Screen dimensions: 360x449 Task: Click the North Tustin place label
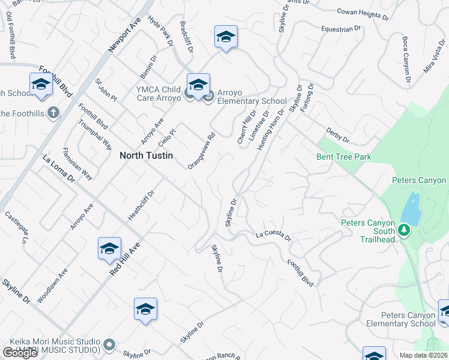coord(146,155)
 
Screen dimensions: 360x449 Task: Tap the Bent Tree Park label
coord(344,157)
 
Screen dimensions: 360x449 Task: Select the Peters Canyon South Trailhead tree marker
coord(405,230)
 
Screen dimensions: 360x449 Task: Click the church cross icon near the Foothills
coord(53,113)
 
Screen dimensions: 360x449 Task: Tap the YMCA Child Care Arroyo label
coord(158,94)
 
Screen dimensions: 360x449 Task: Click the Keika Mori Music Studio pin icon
coord(109,344)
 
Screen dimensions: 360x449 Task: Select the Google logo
coord(20,353)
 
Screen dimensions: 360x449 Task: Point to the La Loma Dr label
coord(58,169)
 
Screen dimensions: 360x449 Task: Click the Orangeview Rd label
coord(201,151)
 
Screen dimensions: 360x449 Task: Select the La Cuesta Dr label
coord(273,236)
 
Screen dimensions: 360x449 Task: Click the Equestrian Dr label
coord(341,28)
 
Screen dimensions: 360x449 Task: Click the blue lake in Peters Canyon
coord(410,209)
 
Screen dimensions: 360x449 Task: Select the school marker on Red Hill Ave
coord(110,249)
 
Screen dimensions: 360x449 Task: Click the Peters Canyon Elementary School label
coord(408,319)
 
